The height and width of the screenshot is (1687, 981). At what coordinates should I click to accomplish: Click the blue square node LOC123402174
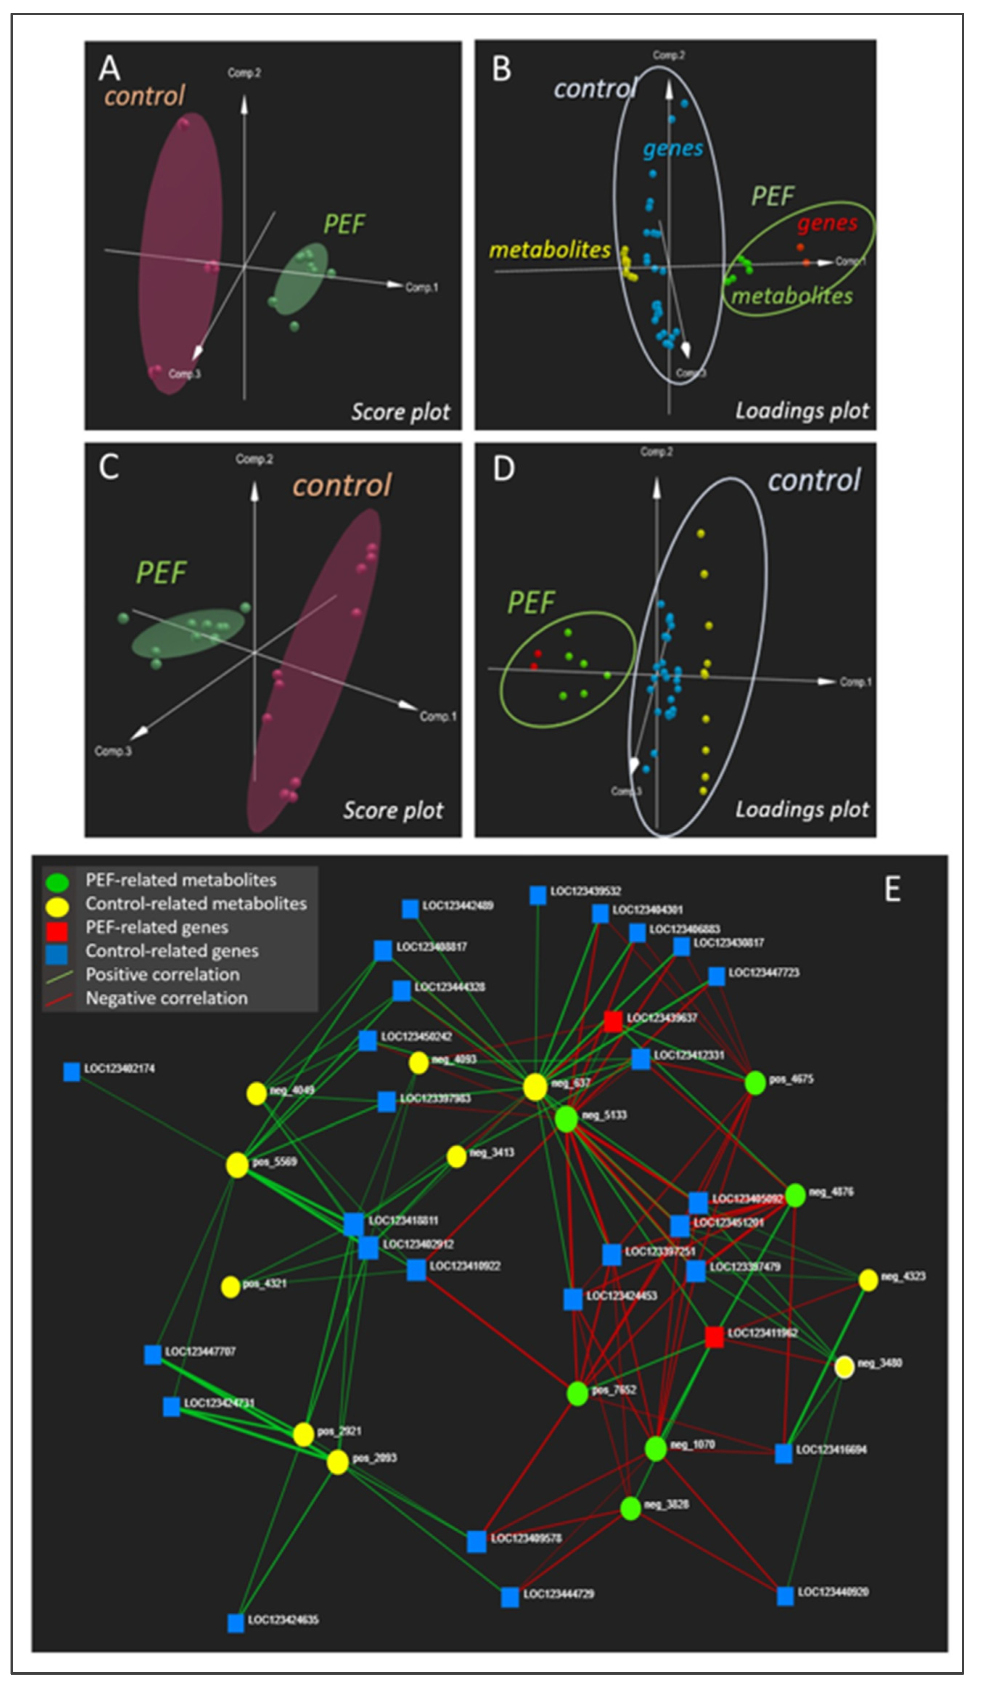[x=71, y=1072]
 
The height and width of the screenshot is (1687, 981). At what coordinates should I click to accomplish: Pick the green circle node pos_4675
[x=755, y=1082]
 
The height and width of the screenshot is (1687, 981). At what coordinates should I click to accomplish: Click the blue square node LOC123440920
[x=785, y=1596]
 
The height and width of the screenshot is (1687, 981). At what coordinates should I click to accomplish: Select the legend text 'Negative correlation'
[x=167, y=998]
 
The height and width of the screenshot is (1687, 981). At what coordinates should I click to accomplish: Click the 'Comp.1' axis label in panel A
[x=422, y=287]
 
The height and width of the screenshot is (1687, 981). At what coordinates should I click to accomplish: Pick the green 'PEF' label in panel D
[x=531, y=602]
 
